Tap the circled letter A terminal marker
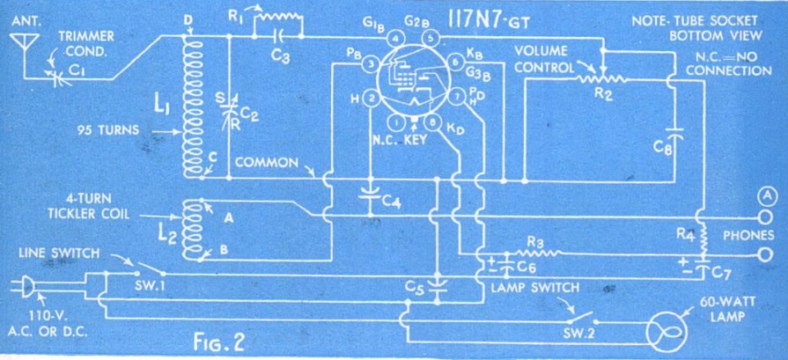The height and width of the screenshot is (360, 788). click(x=768, y=195)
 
